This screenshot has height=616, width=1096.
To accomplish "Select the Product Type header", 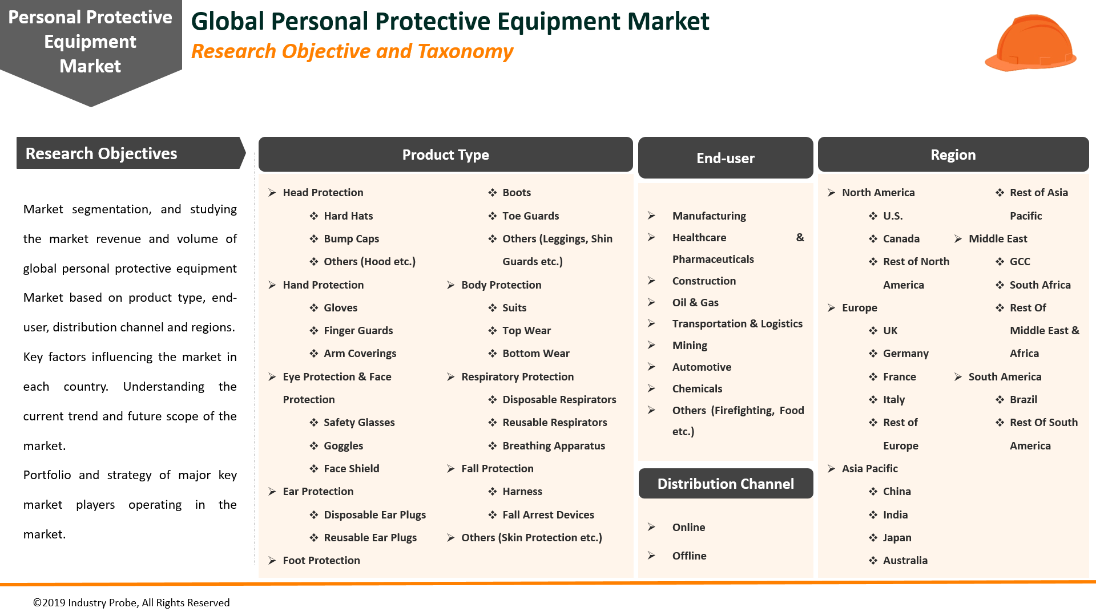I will point(445,155).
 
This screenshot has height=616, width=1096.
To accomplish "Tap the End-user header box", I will point(725,158).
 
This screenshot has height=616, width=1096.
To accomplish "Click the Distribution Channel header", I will point(725,484).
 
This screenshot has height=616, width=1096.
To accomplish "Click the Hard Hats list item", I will point(348,216).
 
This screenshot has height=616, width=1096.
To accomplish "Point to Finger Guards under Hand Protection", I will point(358,330).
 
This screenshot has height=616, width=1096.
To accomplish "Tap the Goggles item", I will point(343,445).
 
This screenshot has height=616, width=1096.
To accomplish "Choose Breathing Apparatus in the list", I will point(553,445).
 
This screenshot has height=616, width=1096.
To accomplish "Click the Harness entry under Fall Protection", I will point(522,491).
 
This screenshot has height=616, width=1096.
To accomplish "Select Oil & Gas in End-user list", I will point(695,302).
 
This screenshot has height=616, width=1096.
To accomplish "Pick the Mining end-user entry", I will point(689,345).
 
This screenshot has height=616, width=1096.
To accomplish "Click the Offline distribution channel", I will point(689,556).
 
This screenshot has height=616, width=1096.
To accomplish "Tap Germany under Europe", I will point(905,353).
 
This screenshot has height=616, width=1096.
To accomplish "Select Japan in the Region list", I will point(897,537).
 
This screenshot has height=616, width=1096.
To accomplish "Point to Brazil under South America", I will point(1023,399).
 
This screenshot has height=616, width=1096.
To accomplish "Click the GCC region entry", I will point(1020,261).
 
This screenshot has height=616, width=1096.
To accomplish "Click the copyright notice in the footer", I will point(131,603).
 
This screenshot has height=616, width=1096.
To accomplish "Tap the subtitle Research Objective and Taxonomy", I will point(352,51).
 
